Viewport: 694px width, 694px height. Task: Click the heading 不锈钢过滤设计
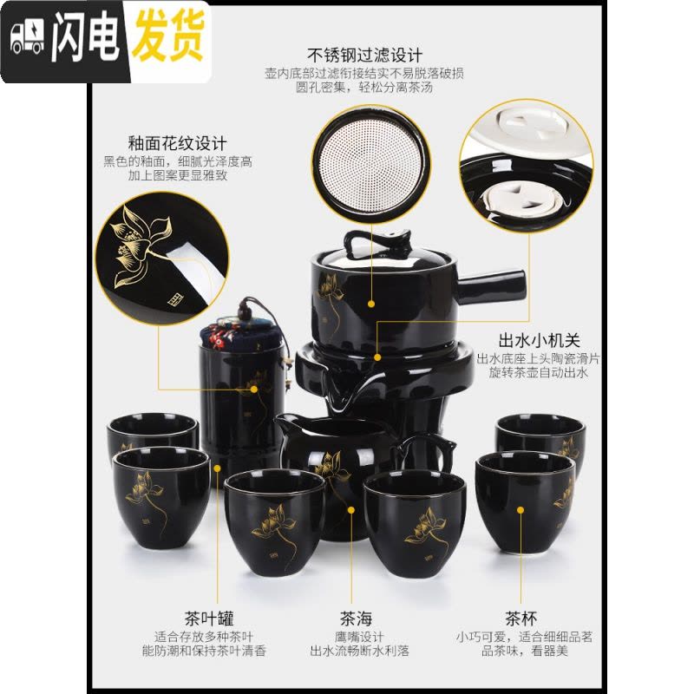click(364, 56)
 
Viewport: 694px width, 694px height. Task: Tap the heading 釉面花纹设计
click(177, 143)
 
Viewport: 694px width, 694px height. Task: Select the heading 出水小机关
click(539, 340)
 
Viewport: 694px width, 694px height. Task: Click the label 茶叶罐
click(209, 619)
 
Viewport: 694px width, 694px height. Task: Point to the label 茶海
click(357, 619)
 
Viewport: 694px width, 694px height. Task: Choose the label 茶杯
click(521, 619)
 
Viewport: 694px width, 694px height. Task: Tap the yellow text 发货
click(168, 36)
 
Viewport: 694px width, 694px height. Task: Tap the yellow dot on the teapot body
click(371, 304)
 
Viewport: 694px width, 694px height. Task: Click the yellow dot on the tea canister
click(254, 390)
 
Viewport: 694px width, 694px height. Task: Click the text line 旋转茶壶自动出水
click(538, 372)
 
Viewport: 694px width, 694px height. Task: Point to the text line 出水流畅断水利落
click(359, 651)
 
